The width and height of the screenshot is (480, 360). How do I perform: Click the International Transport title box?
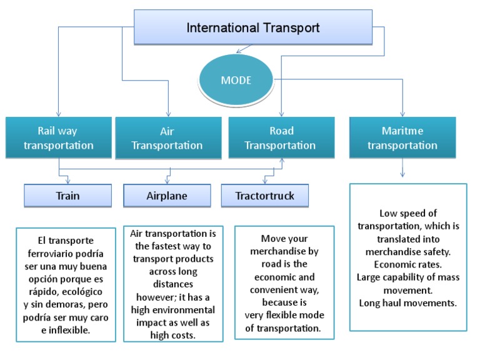point(252,28)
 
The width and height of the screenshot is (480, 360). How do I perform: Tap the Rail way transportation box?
point(59,138)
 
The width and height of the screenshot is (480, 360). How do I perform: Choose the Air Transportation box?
point(167,138)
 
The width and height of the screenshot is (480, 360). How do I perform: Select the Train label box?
point(67,196)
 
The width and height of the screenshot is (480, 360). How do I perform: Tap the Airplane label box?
point(167,196)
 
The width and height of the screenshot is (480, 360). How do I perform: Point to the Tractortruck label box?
point(264,196)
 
